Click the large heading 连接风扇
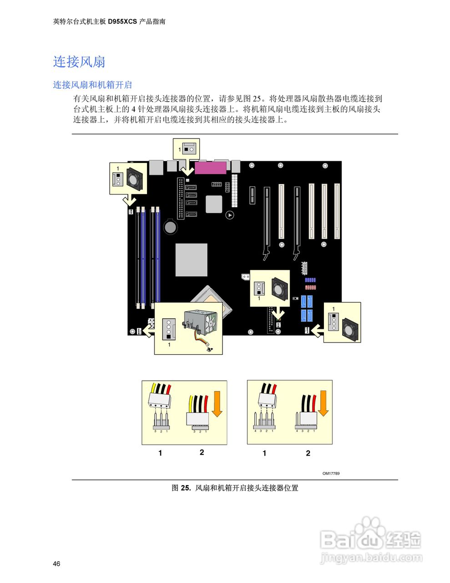(x=79, y=61)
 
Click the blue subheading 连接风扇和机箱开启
(x=92, y=85)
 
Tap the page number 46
(x=56, y=564)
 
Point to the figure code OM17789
(x=331, y=473)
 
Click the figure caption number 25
(x=185, y=488)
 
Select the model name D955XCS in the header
(x=122, y=21)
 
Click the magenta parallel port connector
(x=211, y=168)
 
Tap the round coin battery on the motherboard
(x=171, y=226)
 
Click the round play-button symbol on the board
(x=230, y=215)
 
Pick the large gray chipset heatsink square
(x=192, y=260)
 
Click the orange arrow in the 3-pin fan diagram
(x=217, y=404)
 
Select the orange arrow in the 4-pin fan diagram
(x=323, y=404)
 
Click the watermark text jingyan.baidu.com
(x=371, y=557)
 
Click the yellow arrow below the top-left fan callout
(x=130, y=200)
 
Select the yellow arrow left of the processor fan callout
(x=148, y=331)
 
